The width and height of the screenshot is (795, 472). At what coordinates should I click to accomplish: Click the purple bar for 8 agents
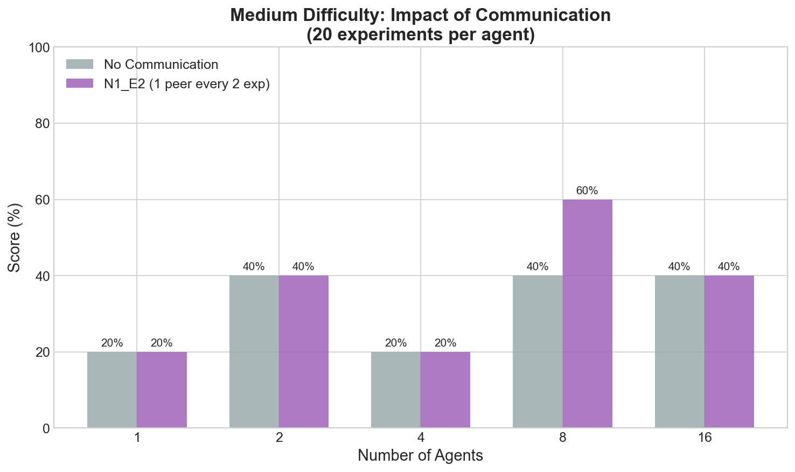point(587,314)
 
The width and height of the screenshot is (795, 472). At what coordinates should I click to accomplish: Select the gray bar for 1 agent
point(112,390)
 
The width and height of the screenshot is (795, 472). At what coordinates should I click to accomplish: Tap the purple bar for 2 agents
point(303,351)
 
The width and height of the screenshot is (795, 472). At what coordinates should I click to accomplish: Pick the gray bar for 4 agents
point(396,390)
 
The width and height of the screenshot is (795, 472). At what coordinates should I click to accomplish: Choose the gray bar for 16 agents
point(679,351)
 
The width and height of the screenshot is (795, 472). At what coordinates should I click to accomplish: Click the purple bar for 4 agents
point(445,390)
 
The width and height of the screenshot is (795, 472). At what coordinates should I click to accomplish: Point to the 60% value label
point(587,191)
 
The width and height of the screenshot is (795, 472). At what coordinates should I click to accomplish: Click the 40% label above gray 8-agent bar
point(538,266)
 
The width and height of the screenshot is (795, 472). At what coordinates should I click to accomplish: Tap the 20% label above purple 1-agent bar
point(162,343)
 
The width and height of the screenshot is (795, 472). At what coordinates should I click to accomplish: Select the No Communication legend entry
point(161,65)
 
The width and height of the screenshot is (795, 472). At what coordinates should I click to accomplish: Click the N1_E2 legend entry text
point(187,84)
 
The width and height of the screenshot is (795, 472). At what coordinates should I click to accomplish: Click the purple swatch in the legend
point(80,84)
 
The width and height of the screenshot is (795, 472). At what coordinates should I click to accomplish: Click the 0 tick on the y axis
point(45,428)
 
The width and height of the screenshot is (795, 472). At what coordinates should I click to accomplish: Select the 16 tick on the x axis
point(704,438)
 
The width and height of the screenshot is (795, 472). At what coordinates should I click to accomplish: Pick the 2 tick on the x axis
point(279,438)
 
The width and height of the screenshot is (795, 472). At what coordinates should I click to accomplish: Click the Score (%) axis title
point(16,237)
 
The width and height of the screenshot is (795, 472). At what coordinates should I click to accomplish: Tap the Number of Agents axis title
point(420,456)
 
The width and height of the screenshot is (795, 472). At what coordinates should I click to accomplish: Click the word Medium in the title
point(260,15)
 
